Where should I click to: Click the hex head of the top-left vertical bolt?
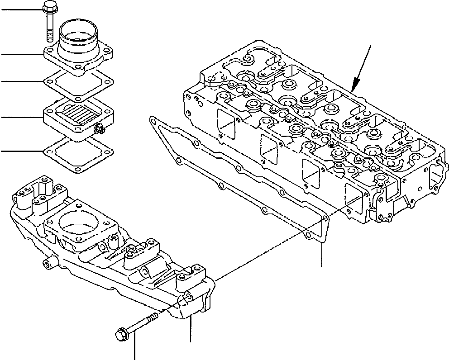click(48, 8)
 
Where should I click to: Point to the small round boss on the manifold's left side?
click(47, 264)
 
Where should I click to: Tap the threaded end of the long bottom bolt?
click(156, 315)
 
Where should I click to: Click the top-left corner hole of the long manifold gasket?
click(154, 120)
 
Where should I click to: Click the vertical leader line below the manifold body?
click(191, 330)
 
